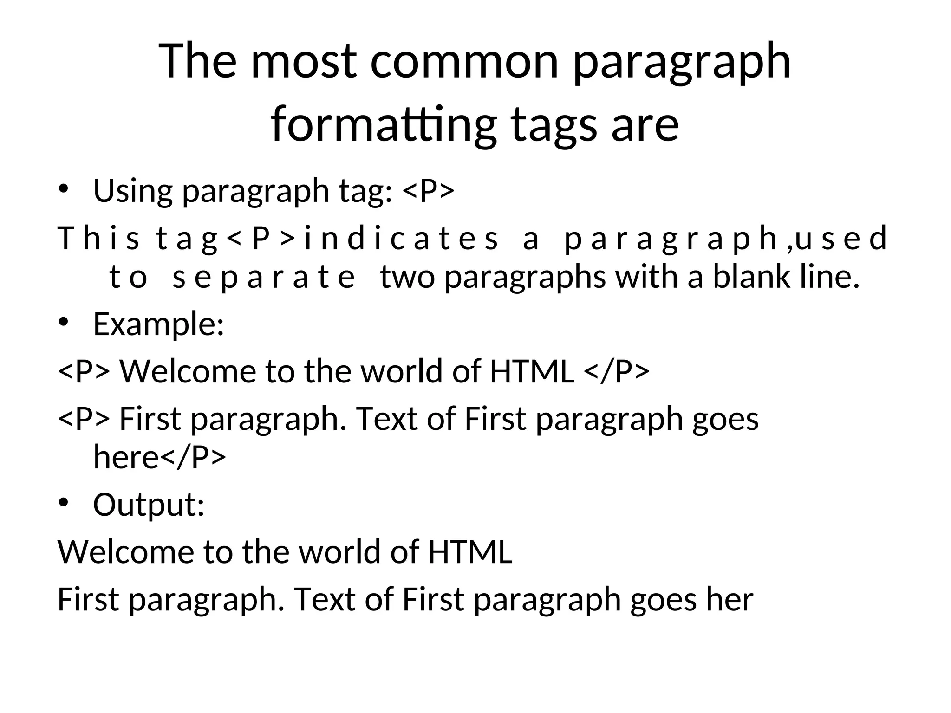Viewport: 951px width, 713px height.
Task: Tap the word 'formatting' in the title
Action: [x=383, y=124]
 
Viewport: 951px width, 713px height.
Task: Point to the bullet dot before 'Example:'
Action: [x=64, y=323]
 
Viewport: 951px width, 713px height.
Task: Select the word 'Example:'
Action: [x=159, y=324]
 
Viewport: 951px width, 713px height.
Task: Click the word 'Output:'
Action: [x=149, y=505]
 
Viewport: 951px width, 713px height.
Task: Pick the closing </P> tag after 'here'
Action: [x=193, y=457]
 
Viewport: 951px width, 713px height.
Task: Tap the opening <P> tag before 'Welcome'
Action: [x=84, y=371]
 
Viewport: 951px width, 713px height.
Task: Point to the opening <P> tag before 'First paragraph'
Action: [x=84, y=419]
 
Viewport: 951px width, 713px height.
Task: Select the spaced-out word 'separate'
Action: [x=263, y=277]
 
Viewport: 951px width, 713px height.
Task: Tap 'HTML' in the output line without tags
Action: [x=470, y=552]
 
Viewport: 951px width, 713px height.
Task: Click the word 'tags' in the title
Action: [x=554, y=124]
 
